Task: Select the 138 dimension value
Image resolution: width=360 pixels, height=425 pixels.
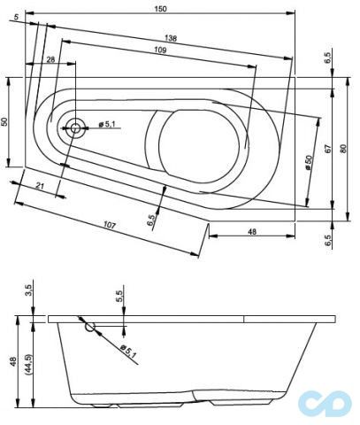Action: pos(170,39)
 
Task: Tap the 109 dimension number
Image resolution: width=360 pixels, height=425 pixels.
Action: pos(161,50)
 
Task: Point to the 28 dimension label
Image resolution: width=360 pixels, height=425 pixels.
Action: pos(50,59)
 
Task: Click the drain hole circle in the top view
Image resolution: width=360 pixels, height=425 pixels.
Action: pos(74,127)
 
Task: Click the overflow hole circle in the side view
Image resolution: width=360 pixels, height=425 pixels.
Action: pos(89,327)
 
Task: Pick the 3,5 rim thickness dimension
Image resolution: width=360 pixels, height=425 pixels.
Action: pos(28,290)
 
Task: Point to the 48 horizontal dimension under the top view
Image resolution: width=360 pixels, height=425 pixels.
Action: pos(252,231)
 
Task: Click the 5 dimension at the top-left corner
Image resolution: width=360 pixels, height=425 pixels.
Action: pos(17,17)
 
